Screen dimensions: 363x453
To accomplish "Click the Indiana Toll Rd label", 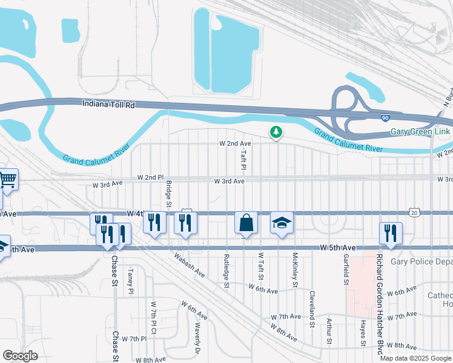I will (x=109, y=105).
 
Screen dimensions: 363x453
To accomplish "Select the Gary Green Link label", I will (x=420, y=132).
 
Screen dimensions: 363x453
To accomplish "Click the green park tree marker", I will (x=276, y=132).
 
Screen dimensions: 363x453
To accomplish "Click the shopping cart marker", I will (x=7, y=178).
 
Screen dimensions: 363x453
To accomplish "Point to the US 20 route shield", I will (x=414, y=212).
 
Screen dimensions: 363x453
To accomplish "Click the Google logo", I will (x=21, y=355).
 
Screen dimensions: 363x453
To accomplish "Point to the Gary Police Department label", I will (x=421, y=261).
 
